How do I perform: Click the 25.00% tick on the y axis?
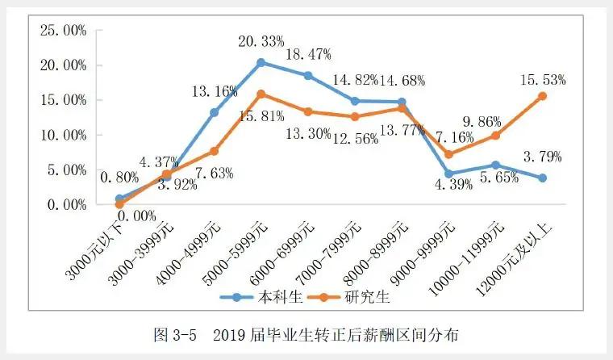(63, 30)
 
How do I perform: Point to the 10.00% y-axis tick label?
(63, 135)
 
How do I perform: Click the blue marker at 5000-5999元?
(261, 62)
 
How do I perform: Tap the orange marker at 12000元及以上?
(542, 96)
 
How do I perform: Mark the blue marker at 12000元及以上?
(542, 178)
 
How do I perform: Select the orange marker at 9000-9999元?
(448, 154)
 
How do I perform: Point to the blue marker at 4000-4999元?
(214, 112)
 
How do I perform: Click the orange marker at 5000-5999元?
(261, 94)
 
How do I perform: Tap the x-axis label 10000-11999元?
(472, 250)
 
